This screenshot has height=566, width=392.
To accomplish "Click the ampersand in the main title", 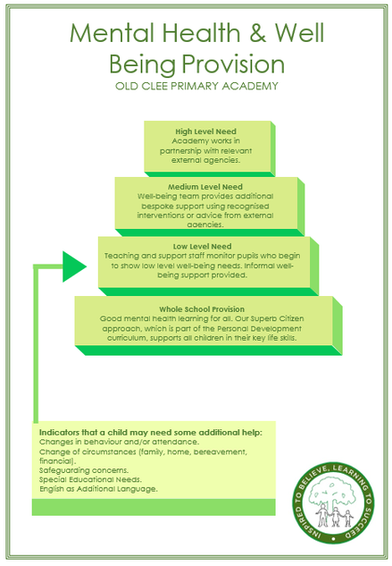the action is coord(257,33).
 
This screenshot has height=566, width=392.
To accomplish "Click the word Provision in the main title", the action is coord(233,65).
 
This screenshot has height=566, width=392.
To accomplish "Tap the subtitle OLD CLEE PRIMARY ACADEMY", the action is coord(196,86).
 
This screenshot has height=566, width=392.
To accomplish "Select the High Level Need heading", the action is coord(206,131).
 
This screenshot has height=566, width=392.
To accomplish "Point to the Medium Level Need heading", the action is coord(205,187).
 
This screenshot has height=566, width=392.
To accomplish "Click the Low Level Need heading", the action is coord(203,247).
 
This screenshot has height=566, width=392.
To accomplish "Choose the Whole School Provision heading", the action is coord(202,309).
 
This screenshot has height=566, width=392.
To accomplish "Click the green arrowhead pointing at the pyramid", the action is coord(74,266).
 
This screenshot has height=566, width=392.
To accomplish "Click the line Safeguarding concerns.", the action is coord(84,470).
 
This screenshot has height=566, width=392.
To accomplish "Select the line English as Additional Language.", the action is coord(98,489).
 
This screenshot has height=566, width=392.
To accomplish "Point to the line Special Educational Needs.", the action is coord(90,480).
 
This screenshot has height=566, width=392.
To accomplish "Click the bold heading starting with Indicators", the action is coord(151,433).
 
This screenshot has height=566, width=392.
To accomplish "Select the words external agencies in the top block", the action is coord(205,160).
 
